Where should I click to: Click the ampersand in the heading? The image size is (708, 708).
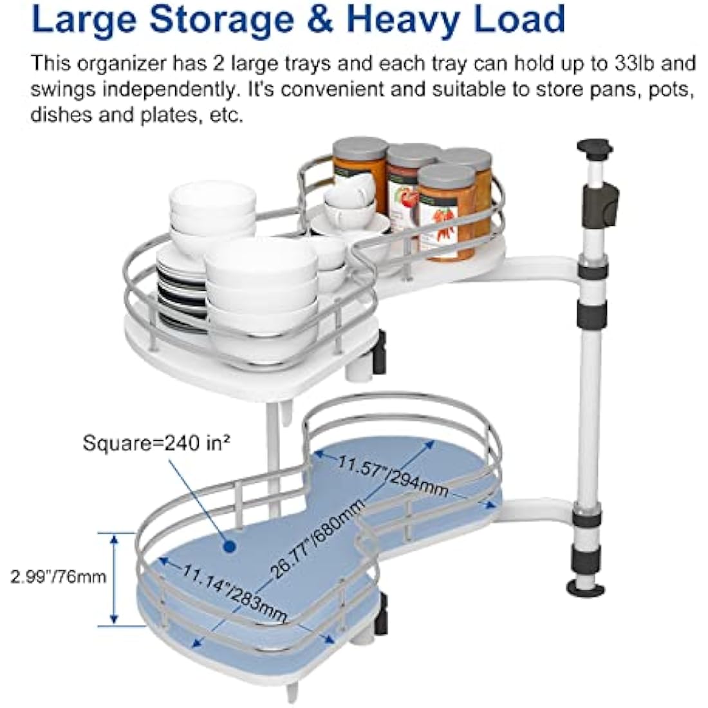click(321, 19)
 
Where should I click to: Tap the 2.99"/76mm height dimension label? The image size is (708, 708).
click(58, 577)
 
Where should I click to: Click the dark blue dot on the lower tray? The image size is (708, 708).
click(229, 547)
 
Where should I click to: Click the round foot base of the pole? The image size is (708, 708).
click(586, 588)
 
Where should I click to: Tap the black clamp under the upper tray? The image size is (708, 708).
click(379, 352)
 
